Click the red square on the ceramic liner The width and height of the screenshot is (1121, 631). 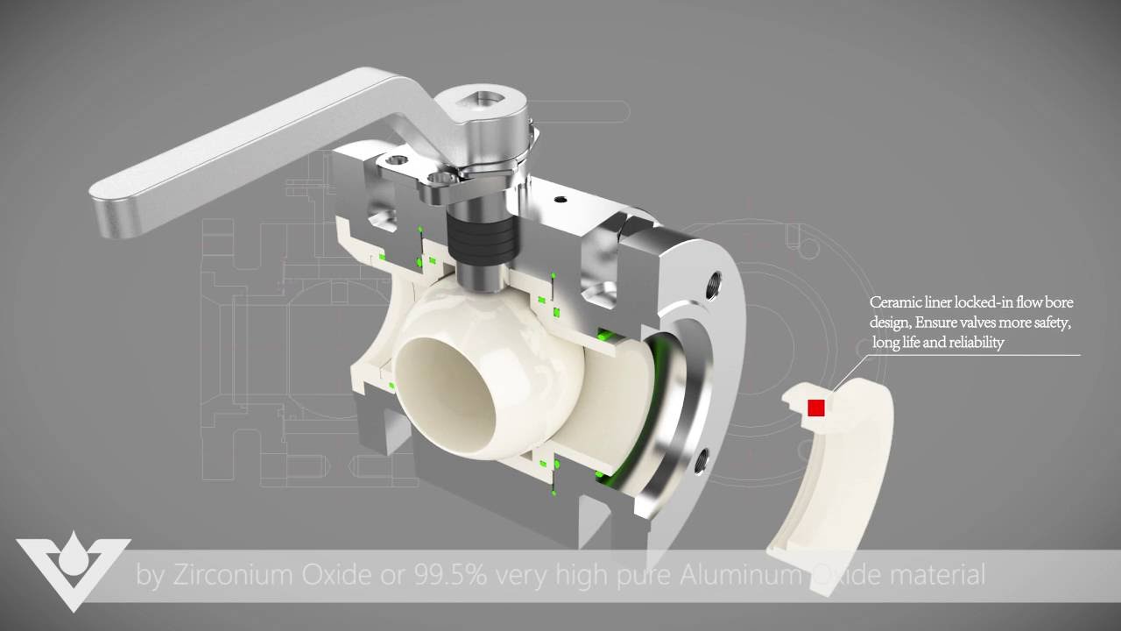point(816,408)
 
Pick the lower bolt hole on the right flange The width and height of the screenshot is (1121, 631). point(701,459)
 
